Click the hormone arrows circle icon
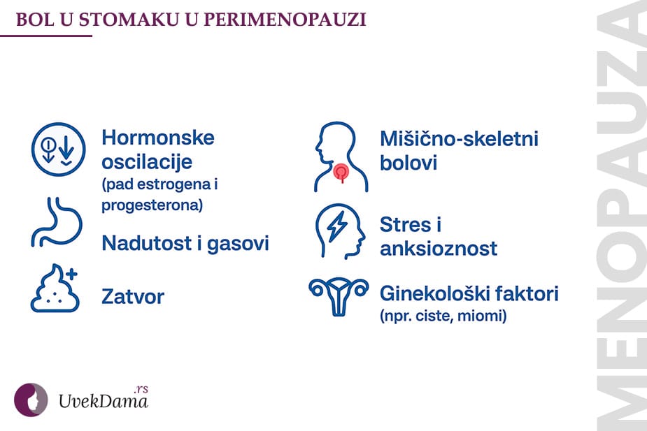tap(57, 149)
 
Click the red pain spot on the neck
tap(341, 170)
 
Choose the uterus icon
tap(339, 296)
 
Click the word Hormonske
tap(157, 136)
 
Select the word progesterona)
tap(152, 205)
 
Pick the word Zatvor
tap(133, 296)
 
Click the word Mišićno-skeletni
tap(459, 138)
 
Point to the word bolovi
tap(408, 164)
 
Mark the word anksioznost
tap(439, 248)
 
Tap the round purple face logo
tap(31, 400)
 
